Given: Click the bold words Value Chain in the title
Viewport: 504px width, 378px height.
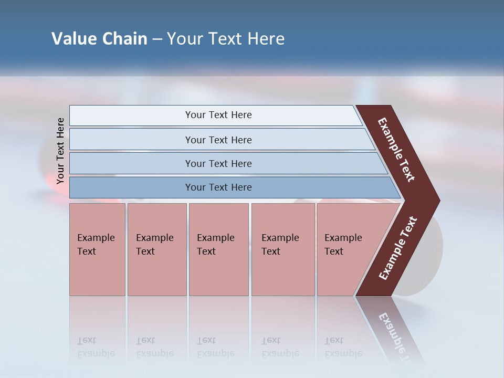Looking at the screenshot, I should tap(99, 39).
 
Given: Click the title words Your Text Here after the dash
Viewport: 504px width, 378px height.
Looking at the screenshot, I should tap(226, 39).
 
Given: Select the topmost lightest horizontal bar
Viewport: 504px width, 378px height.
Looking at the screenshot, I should tap(131, 115).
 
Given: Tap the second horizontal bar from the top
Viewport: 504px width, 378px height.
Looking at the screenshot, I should tap(131, 140).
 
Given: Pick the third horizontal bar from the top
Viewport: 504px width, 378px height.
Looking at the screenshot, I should tap(131, 163).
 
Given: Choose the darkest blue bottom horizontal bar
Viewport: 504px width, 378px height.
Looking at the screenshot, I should tap(131, 187).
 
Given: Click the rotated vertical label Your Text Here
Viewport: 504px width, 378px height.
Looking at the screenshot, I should tap(60, 151).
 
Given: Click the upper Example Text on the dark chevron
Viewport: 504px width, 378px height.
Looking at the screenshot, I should tap(396, 150).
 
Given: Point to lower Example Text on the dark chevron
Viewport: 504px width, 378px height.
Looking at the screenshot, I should tap(398, 248).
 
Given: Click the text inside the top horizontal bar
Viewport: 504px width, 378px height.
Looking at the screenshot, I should tap(218, 115).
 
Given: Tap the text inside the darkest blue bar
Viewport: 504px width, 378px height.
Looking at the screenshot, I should tap(218, 187).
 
